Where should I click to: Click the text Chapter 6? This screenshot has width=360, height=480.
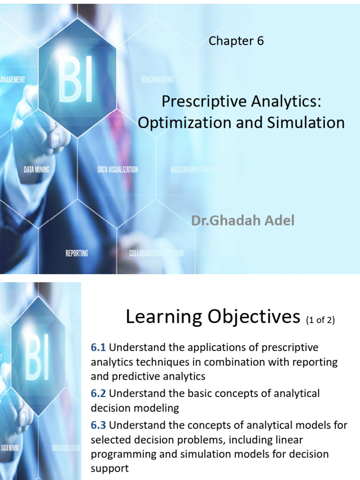click(x=236, y=41)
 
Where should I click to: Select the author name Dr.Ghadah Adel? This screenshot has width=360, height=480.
click(x=243, y=220)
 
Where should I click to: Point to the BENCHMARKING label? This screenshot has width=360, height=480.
click(x=157, y=80)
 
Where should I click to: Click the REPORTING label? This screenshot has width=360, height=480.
click(x=76, y=253)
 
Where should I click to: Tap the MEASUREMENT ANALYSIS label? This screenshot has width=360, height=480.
click(x=195, y=169)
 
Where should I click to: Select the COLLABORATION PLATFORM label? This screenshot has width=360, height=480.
click(x=156, y=253)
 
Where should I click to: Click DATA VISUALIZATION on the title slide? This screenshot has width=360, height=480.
click(x=117, y=170)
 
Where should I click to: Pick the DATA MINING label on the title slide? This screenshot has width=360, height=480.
click(x=37, y=170)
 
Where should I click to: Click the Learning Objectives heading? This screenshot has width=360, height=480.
click(x=212, y=317)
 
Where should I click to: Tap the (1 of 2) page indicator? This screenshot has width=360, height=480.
click(x=321, y=321)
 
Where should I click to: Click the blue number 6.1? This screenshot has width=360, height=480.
click(x=98, y=348)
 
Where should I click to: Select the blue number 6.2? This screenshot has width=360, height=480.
click(x=98, y=393)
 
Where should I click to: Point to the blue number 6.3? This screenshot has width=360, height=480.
click(x=98, y=426)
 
